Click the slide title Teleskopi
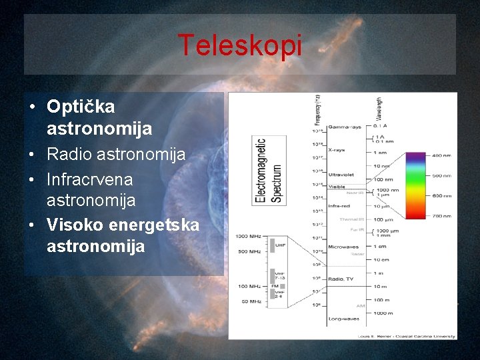pos(239,46)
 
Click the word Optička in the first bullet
pos(81,107)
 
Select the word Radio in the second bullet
pos(69,155)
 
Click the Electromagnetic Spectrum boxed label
pos(269,170)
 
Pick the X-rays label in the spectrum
pos(337,150)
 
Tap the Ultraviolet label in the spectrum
pos(341,175)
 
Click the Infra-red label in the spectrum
pos(339,206)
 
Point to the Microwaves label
pos(343,247)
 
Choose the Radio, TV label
pos(341,279)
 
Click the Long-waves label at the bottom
pos(343,319)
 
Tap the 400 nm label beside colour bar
pos(441,156)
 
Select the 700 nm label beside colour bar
pos(441,217)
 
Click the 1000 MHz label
pos(247,236)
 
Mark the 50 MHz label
pos(250,302)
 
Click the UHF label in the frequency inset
pos(280,245)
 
